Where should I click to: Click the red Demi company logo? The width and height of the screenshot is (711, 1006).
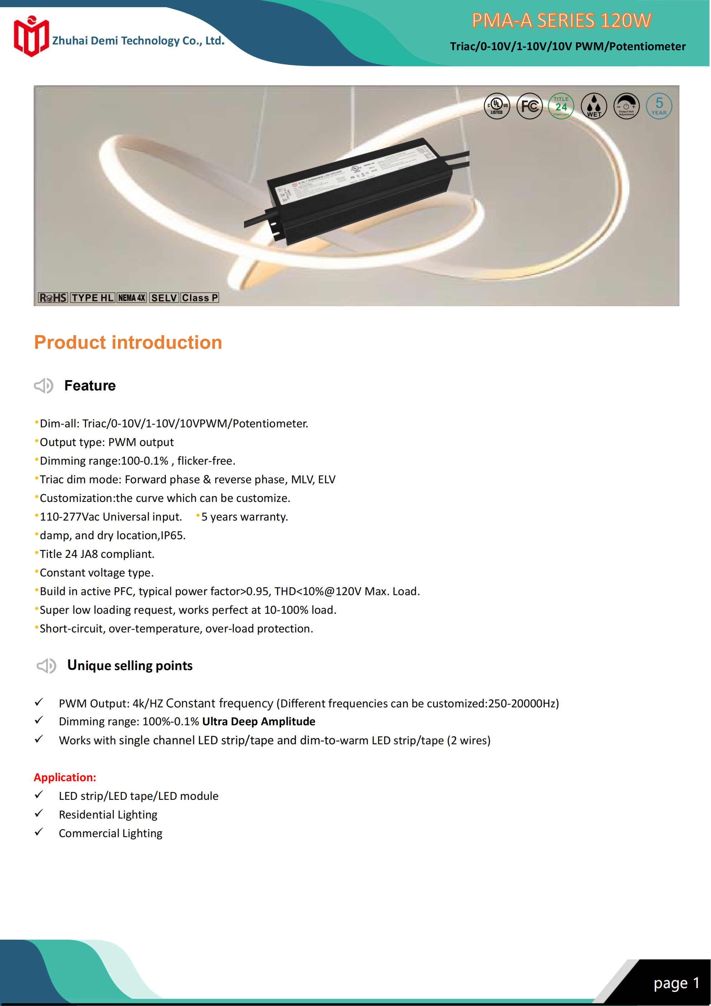coord(31,37)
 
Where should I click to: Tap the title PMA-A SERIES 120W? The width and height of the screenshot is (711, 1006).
coord(562,20)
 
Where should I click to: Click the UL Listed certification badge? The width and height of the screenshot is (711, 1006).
coord(497,106)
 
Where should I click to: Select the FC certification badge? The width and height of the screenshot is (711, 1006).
coord(529,106)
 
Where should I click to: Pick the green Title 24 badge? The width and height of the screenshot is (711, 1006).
coord(561,106)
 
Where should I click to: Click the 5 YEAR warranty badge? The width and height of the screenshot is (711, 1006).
coord(659,106)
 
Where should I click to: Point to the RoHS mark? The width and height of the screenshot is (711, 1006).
coord(53,298)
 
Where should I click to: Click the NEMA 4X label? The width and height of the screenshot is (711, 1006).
coord(132,298)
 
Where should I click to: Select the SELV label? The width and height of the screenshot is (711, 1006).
coord(164,298)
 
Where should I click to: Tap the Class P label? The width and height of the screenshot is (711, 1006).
coord(200,298)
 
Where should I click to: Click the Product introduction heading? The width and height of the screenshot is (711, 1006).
coord(128,342)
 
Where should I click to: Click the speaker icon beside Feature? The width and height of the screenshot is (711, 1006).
coord(43,385)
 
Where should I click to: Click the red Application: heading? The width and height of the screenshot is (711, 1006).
coord(65,777)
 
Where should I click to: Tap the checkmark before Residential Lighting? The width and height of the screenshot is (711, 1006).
coord(39,813)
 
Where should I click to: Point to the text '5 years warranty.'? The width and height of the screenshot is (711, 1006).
coord(244,517)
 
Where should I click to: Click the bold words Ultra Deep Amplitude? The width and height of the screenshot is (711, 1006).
coord(258,722)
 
